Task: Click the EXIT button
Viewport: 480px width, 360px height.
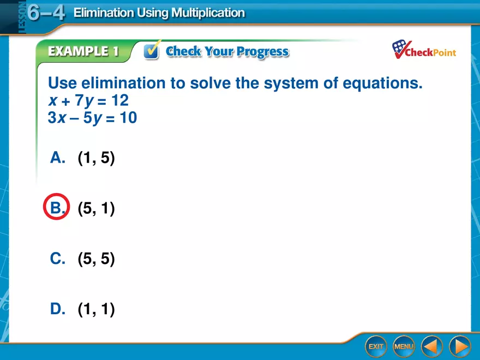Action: (376, 346)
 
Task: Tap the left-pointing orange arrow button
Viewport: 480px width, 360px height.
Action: (431, 346)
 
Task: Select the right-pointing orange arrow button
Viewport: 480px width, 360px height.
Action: (459, 346)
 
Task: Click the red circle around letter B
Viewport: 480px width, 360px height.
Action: (56, 208)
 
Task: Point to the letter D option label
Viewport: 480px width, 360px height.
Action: (57, 309)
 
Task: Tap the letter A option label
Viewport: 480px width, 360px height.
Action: (57, 158)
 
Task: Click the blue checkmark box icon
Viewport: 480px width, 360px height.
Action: (151, 51)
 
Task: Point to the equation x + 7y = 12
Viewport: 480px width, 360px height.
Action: (88, 101)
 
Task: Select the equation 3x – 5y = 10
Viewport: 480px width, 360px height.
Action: (92, 118)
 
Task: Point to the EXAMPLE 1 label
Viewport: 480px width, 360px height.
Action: (83, 52)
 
